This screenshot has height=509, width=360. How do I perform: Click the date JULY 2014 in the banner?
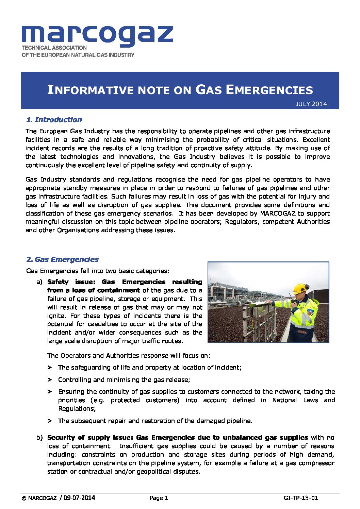311,104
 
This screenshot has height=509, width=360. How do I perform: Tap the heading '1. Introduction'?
54,120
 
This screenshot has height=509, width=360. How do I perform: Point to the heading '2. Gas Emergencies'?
62,259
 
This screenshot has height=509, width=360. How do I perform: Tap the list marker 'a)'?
39,282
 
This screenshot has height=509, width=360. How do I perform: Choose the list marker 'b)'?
39,438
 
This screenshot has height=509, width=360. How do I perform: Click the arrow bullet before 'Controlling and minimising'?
50,379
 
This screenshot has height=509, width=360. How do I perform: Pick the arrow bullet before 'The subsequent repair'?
50,421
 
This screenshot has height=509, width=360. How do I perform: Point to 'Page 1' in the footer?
159,498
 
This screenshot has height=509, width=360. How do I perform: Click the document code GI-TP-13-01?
301,498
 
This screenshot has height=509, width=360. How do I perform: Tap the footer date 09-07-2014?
79,498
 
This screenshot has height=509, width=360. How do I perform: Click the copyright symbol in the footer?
24,498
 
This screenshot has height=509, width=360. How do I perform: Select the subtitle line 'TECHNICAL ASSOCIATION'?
54,48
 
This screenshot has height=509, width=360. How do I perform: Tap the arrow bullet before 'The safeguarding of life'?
50,368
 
